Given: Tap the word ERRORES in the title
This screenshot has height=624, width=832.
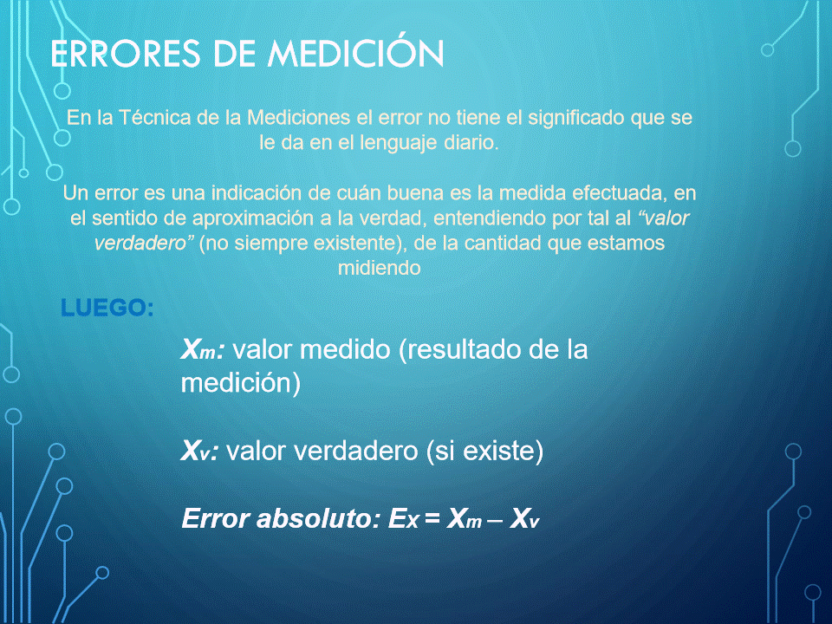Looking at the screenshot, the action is click(x=125, y=54).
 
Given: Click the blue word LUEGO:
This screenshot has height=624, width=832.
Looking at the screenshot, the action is click(x=107, y=308).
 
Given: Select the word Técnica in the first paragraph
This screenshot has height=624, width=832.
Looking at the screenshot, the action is click(x=154, y=117).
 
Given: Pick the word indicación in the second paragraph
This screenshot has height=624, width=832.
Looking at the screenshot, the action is click(x=257, y=192).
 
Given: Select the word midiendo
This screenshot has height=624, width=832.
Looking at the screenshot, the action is click(x=380, y=268).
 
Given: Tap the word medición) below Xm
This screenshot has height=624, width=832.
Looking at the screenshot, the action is click(x=240, y=383).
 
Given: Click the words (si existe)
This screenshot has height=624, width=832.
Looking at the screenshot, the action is click(x=484, y=452).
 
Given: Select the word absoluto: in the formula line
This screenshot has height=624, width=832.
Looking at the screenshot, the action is click(x=318, y=518).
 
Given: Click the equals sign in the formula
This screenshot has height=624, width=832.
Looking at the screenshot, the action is click(x=432, y=518).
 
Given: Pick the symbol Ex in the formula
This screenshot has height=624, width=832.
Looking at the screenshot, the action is click(x=403, y=519).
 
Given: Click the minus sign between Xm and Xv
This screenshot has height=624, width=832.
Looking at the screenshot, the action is click(x=495, y=521).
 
